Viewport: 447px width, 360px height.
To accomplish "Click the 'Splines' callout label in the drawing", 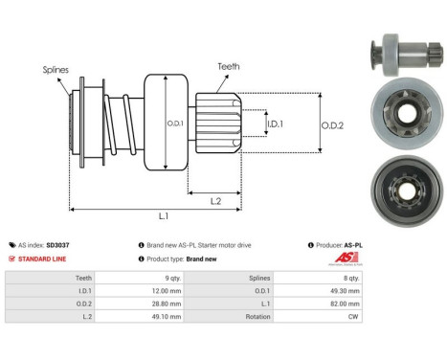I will (55, 69).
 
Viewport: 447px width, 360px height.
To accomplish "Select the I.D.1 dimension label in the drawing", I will (274, 124).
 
